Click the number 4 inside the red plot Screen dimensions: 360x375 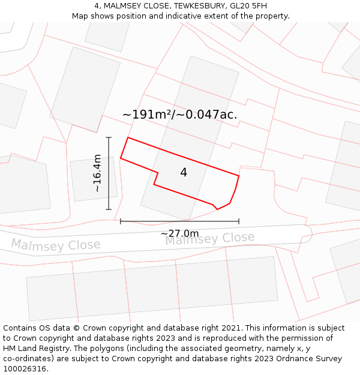point(184,173)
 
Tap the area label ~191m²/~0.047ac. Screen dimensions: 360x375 point(179,115)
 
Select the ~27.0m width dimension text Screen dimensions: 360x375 point(179,233)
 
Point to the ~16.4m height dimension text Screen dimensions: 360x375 point(97,173)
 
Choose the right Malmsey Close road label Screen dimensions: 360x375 point(209,239)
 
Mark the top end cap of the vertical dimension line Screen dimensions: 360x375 point(109,137)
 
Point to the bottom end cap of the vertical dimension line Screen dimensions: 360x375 point(109,209)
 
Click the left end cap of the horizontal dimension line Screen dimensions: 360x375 point(121,221)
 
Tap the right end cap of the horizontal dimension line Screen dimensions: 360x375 point(239,221)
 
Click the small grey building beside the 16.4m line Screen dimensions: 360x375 point(93,179)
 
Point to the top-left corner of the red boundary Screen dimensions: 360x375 point(128,137)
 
